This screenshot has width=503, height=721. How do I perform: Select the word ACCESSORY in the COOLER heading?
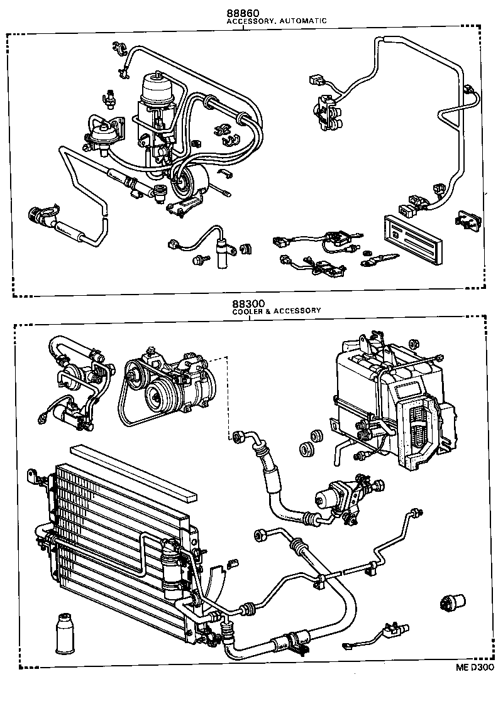(299, 310)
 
